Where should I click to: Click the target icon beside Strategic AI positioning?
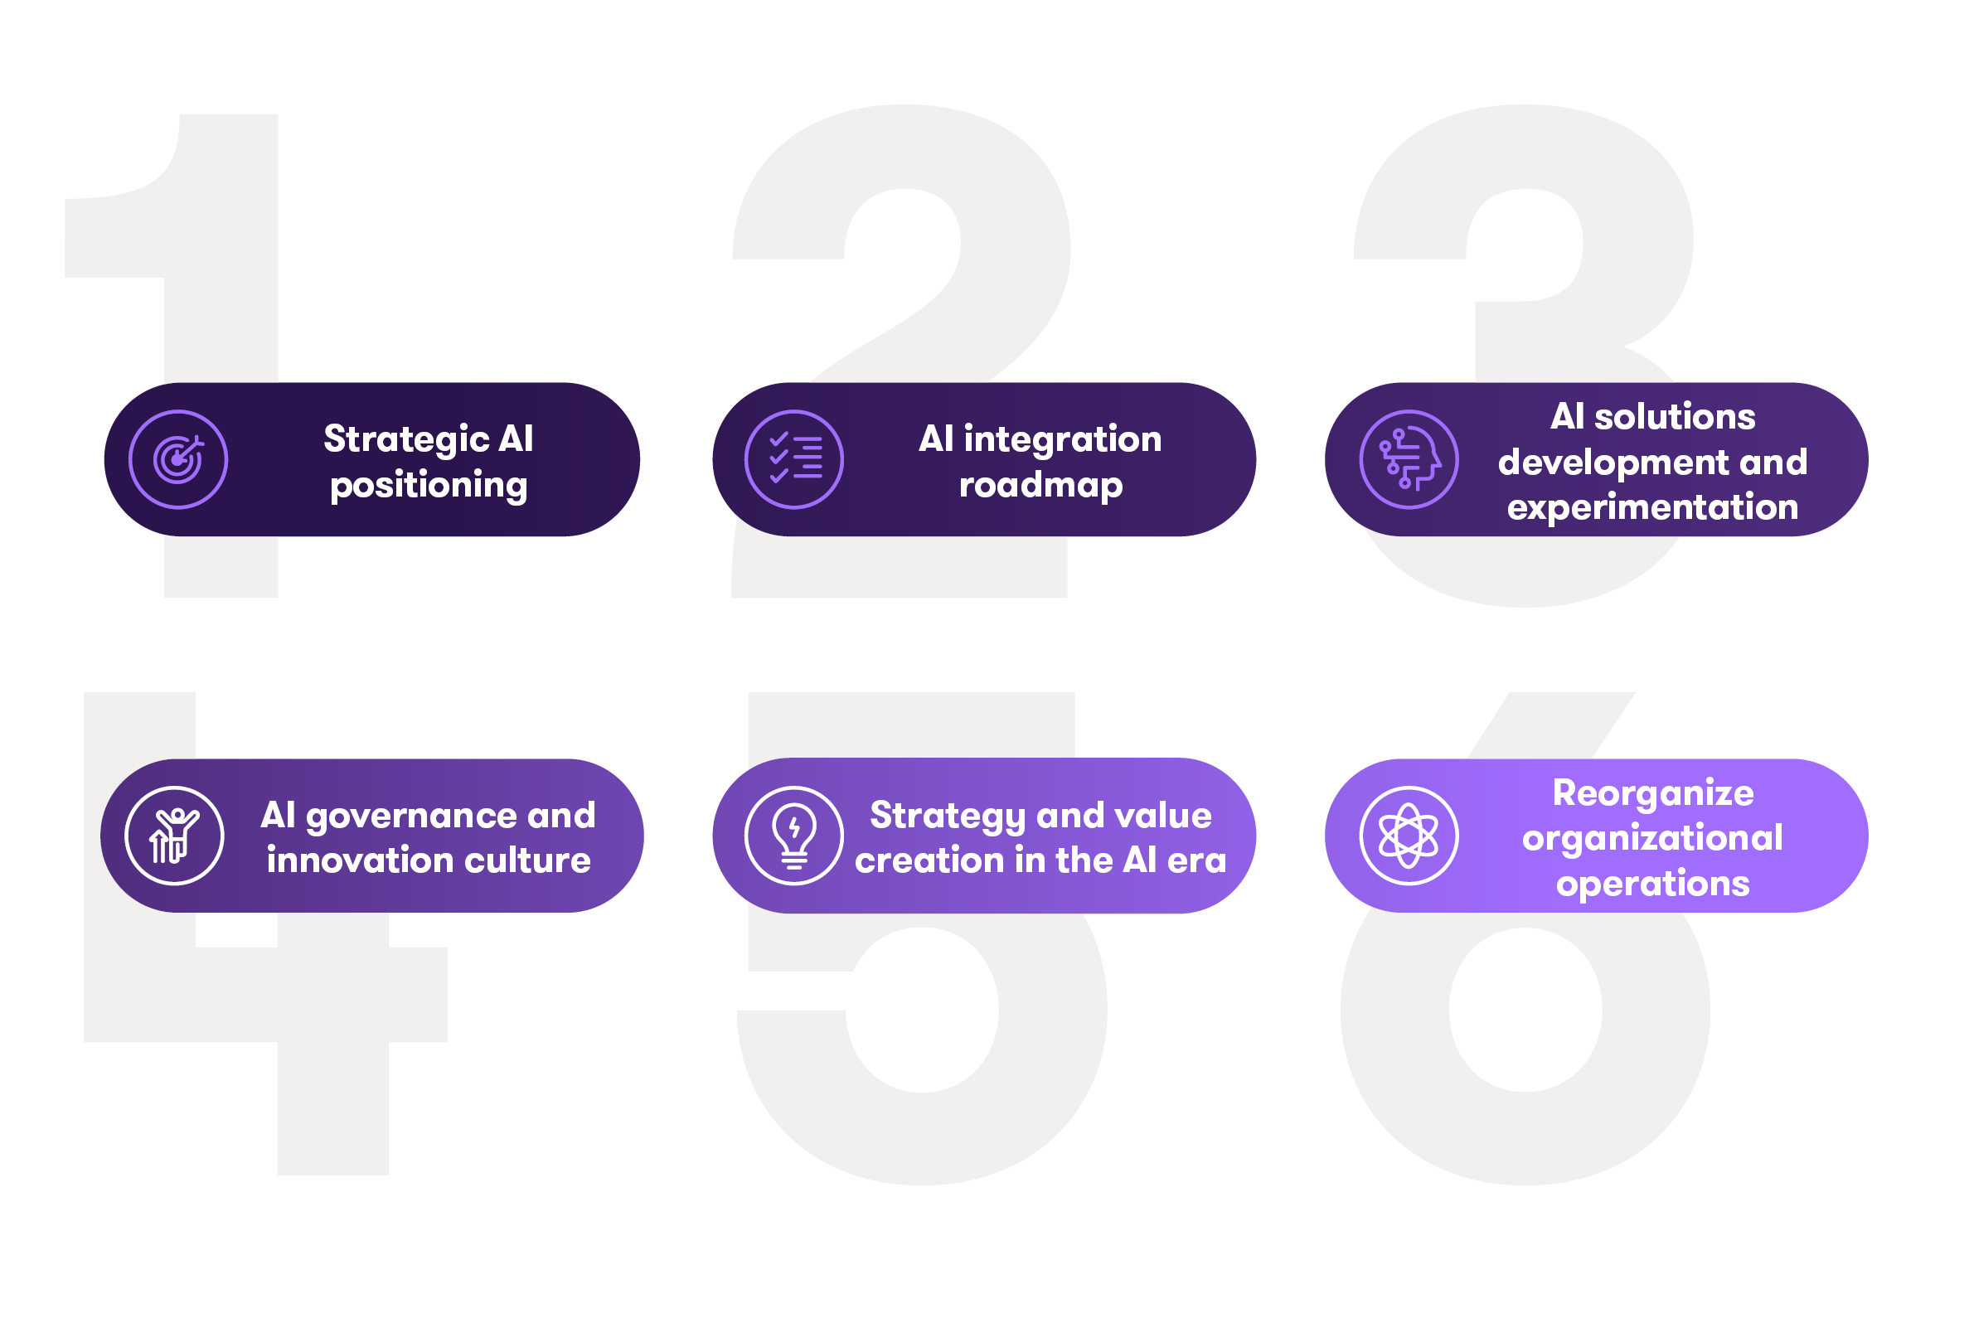coord(178,460)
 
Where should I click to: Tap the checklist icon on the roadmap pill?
coord(794,460)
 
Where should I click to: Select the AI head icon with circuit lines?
coord(1409,460)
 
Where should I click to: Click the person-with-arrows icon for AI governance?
coord(175,836)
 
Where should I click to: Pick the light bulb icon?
coord(794,836)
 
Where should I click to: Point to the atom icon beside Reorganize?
coord(1409,836)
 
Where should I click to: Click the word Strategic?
coord(406,440)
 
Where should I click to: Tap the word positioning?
coord(429,487)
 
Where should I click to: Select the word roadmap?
coord(1041,485)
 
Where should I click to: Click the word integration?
coord(1062,440)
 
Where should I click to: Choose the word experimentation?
coord(1652,508)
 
